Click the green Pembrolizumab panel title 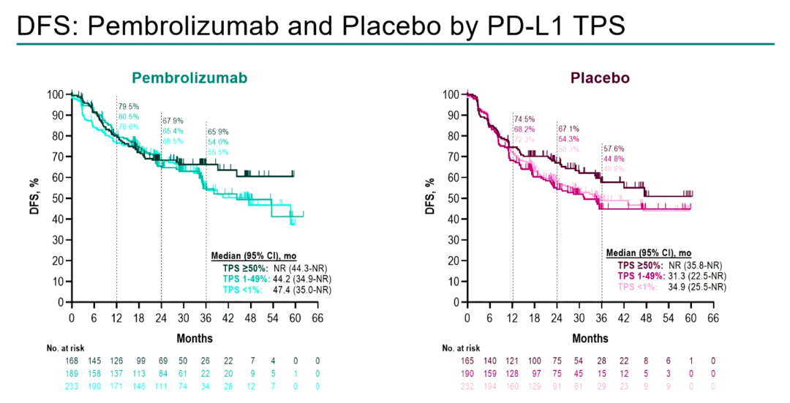point(189,78)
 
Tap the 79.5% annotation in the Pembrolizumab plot point(129,106)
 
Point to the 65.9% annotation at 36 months point(219,131)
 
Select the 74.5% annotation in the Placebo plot point(524,118)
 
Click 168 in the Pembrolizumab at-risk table point(72,363)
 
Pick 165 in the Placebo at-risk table point(468,363)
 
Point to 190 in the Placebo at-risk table point(468,374)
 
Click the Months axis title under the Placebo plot point(590,339)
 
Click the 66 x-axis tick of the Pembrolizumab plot point(317,318)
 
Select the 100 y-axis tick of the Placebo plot point(451,94)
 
